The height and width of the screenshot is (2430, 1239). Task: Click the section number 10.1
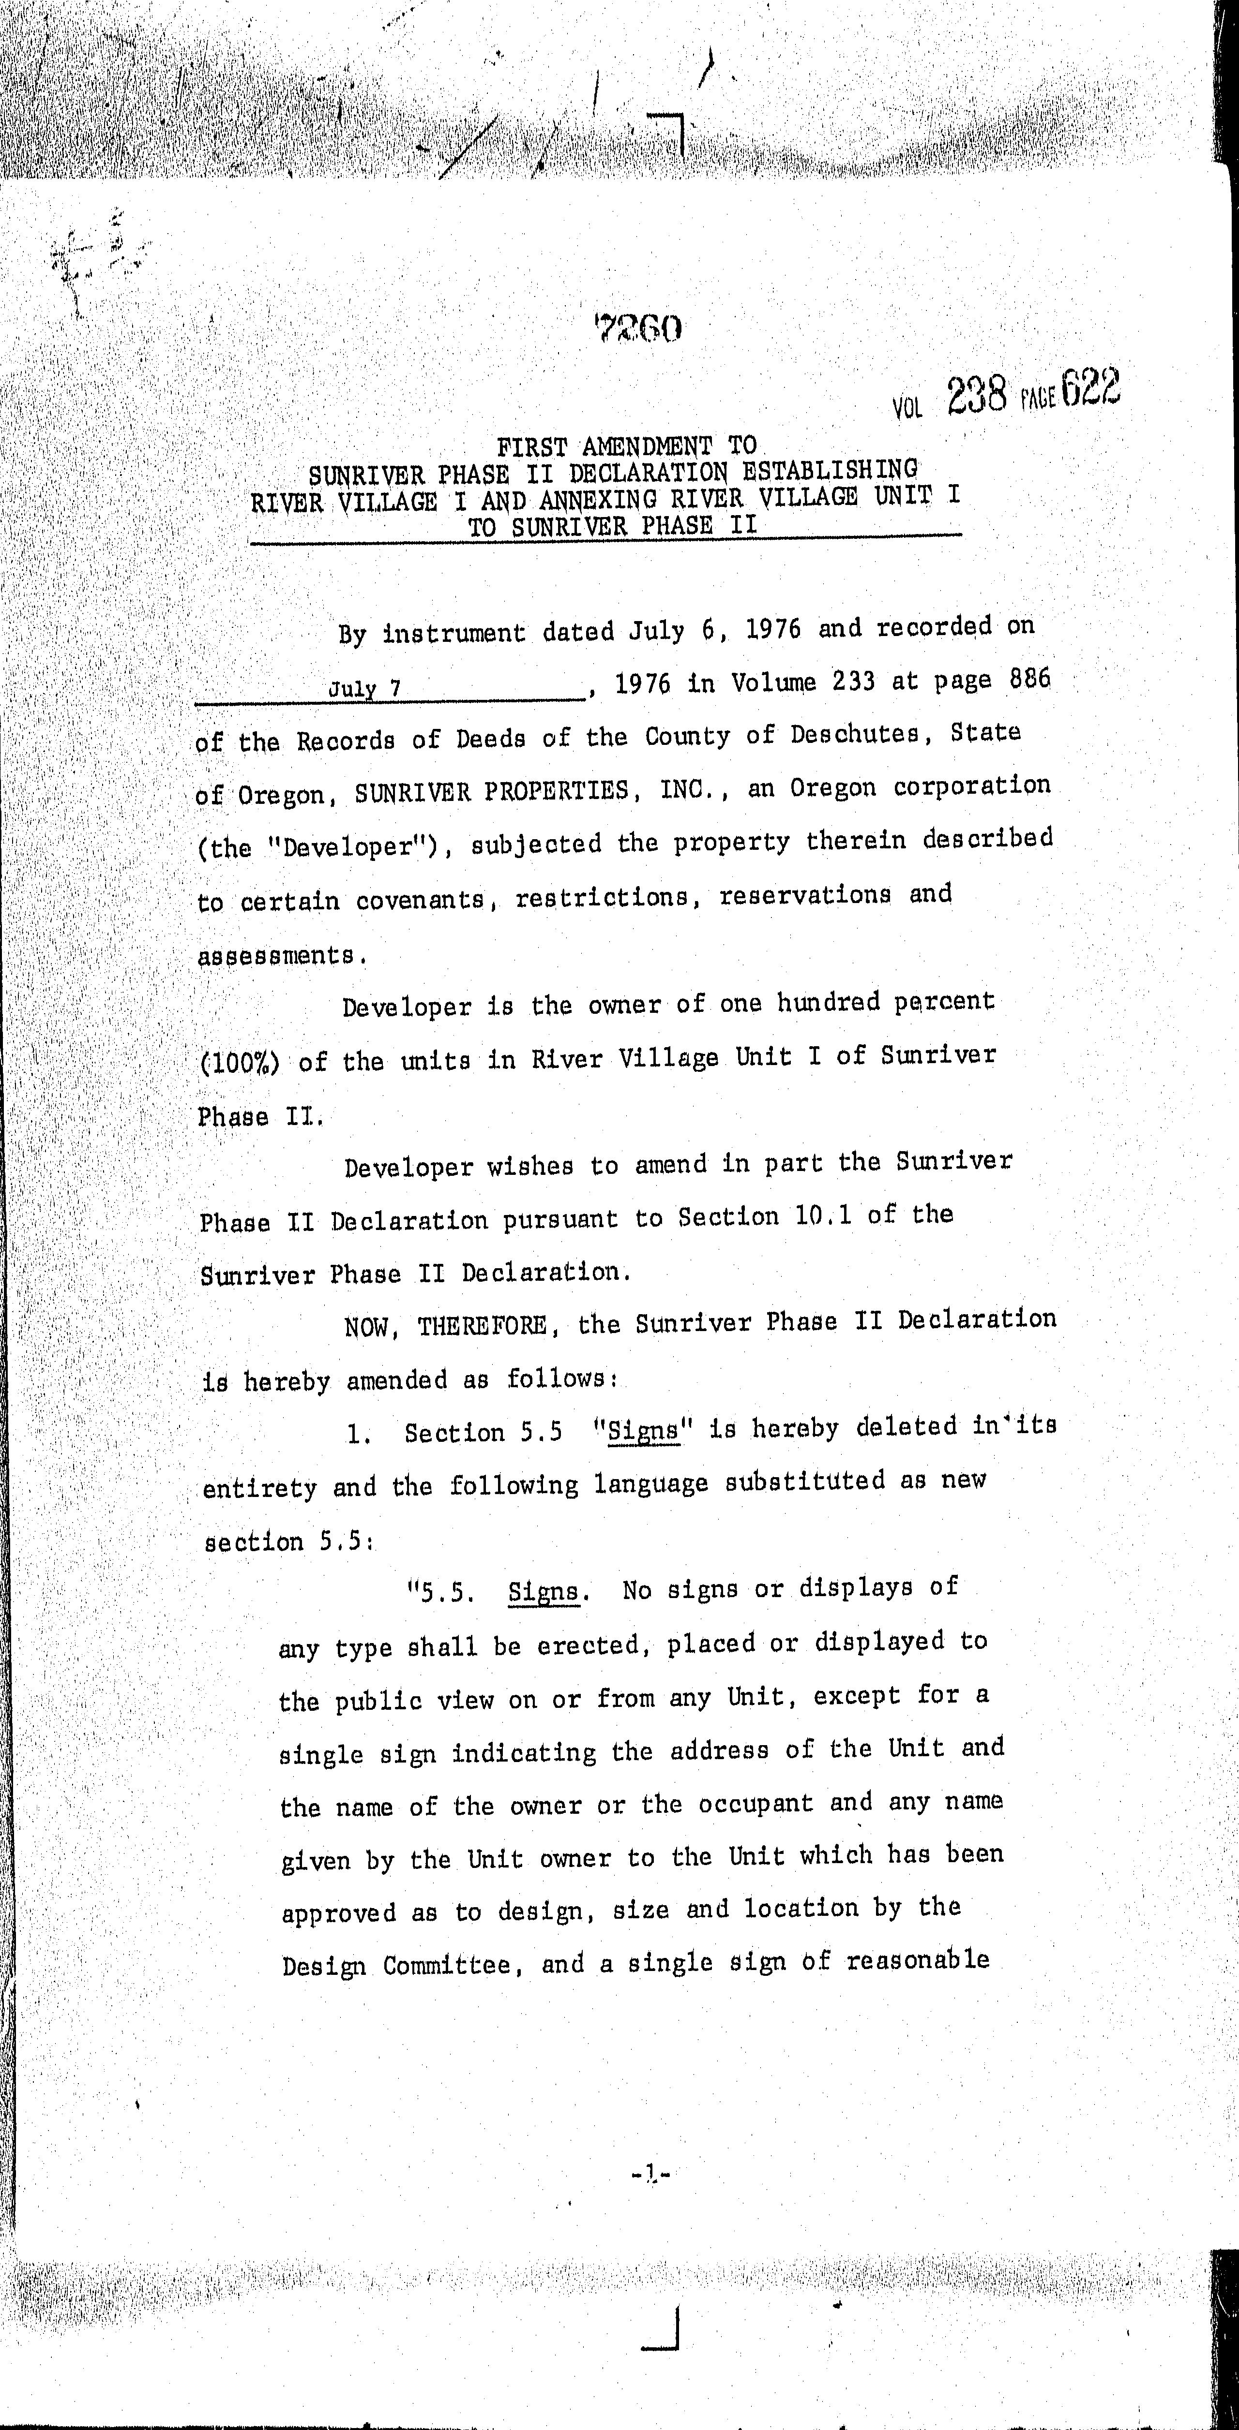tap(824, 1216)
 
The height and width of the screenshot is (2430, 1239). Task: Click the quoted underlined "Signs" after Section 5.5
tap(644, 1430)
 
